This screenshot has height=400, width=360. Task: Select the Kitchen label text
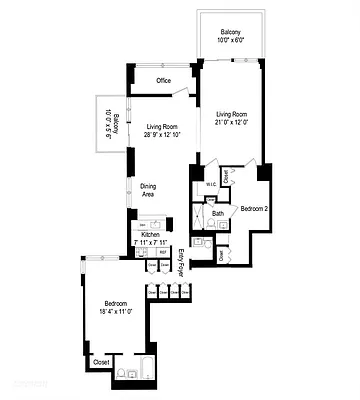click(x=149, y=234)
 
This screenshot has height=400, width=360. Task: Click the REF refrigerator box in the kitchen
click(x=163, y=253)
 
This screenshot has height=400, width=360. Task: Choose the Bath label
click(x=218, y=213)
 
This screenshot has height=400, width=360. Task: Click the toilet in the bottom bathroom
click(x=120, y=374)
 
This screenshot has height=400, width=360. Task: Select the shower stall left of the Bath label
click(x=199, y=214)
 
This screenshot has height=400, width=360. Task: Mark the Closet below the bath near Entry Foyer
click(x=221, y=255)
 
